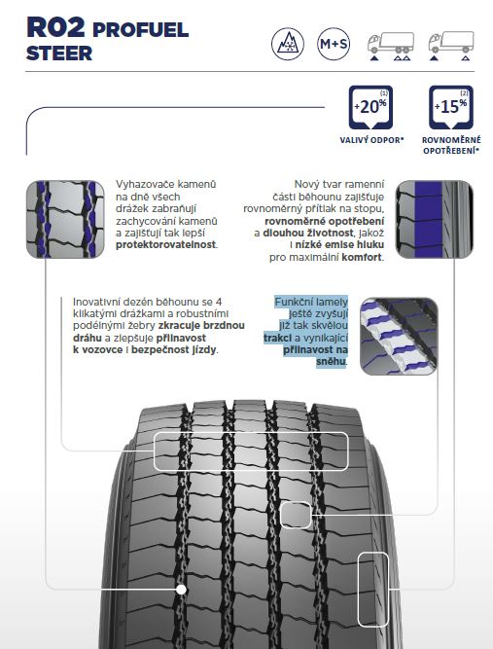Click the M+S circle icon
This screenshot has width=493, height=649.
[x=334, y=44]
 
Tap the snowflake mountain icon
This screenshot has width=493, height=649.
[x=288, y=44]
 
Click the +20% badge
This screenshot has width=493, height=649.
[x=370, y=108]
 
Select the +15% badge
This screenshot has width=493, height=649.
[x=451, y=108]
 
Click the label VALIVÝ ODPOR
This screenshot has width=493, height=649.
[x=371, y=140]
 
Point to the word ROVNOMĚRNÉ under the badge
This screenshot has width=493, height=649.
[x=451, y=140]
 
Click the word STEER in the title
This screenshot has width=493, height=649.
[x=59, y=54]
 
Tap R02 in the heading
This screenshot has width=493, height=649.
[x=55, y=28]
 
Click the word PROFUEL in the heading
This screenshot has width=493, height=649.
[x=141, y=30]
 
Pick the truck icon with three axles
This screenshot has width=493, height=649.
[x=390, y=47]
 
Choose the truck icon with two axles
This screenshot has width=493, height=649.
[x=451, y=47]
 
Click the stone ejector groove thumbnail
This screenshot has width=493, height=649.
[x=65, y=219]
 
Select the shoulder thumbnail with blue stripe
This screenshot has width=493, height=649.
[x=435, y=219]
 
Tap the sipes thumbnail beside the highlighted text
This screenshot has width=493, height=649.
[x=399, y=337]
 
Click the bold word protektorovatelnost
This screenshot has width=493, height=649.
[x=166, y=244]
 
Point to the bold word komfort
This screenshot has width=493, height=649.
[x=362, y=257]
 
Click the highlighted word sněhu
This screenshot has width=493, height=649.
[x=331, y=362]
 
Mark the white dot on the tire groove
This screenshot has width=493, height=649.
[x=181, y=590]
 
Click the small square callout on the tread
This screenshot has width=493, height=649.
[x=296, y=515]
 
